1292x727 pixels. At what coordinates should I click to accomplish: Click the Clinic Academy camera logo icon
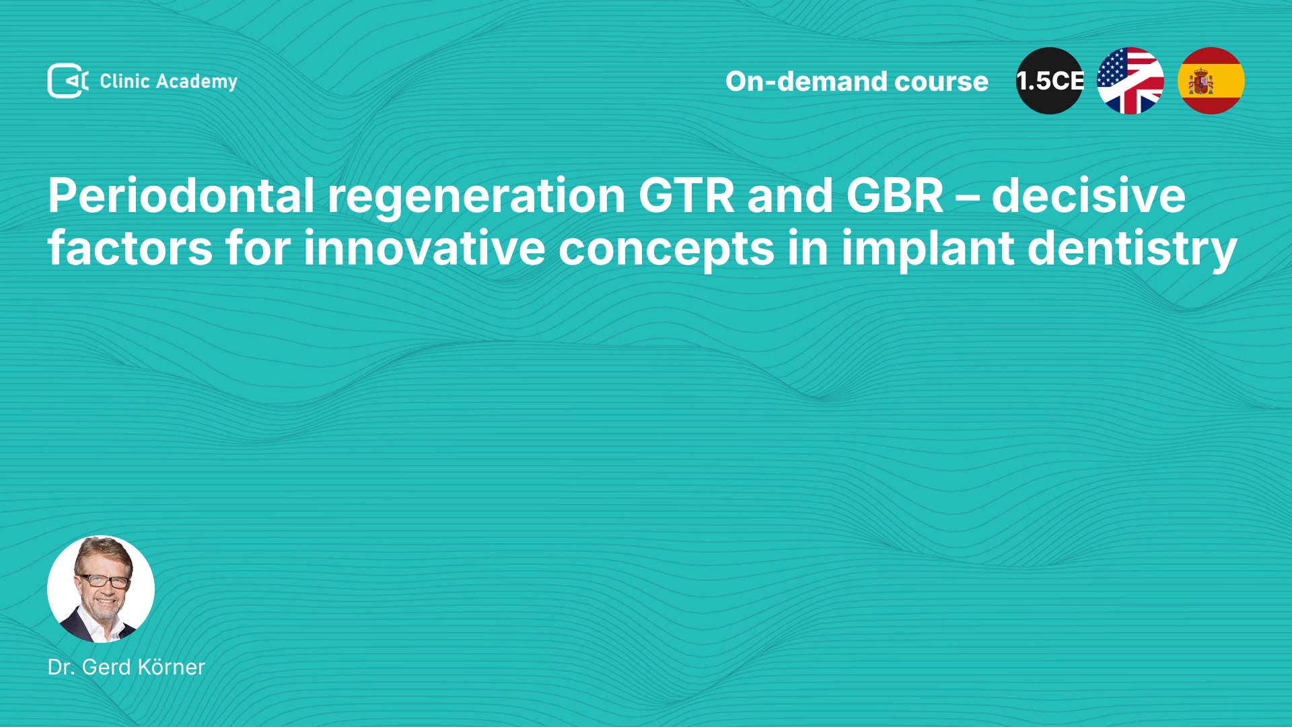[68, 81]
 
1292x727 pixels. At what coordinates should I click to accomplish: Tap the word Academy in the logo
[196, 82]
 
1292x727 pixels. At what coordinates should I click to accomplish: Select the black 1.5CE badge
[1050, 81]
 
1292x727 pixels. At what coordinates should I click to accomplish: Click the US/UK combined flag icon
[1130, 81]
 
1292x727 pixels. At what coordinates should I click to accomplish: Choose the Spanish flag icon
[1211, 81]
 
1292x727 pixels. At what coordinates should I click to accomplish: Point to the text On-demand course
[857, 81]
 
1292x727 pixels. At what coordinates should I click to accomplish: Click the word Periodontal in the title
[181, 195]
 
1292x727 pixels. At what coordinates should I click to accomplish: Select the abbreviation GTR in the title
[686, 196]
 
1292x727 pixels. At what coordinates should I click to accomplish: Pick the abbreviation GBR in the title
[895, 196]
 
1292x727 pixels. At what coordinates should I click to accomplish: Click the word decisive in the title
[1088, 195]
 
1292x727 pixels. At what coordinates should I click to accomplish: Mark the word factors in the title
[130, 248]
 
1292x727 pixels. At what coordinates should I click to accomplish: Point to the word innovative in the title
[424, 248]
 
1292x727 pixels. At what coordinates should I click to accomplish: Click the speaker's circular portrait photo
[101, 589]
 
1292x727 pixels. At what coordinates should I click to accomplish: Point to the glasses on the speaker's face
[103, 580]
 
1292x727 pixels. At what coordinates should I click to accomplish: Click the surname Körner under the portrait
[171, 666]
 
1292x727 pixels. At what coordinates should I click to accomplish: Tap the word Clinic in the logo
[124, 81]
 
